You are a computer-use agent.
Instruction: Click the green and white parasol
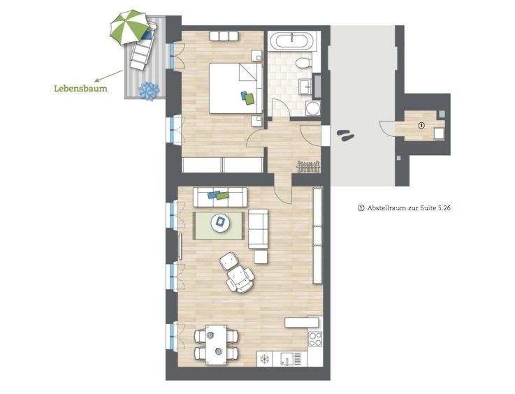tap(130, 27)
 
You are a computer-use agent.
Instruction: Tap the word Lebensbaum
tap(81, 89)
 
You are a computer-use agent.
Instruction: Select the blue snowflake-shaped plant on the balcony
tap(148, 90)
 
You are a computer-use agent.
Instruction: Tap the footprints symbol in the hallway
tap(345, 133)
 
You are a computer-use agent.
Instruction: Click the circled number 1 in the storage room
tap(421, 126)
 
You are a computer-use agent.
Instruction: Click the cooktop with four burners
tap(315, 340)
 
